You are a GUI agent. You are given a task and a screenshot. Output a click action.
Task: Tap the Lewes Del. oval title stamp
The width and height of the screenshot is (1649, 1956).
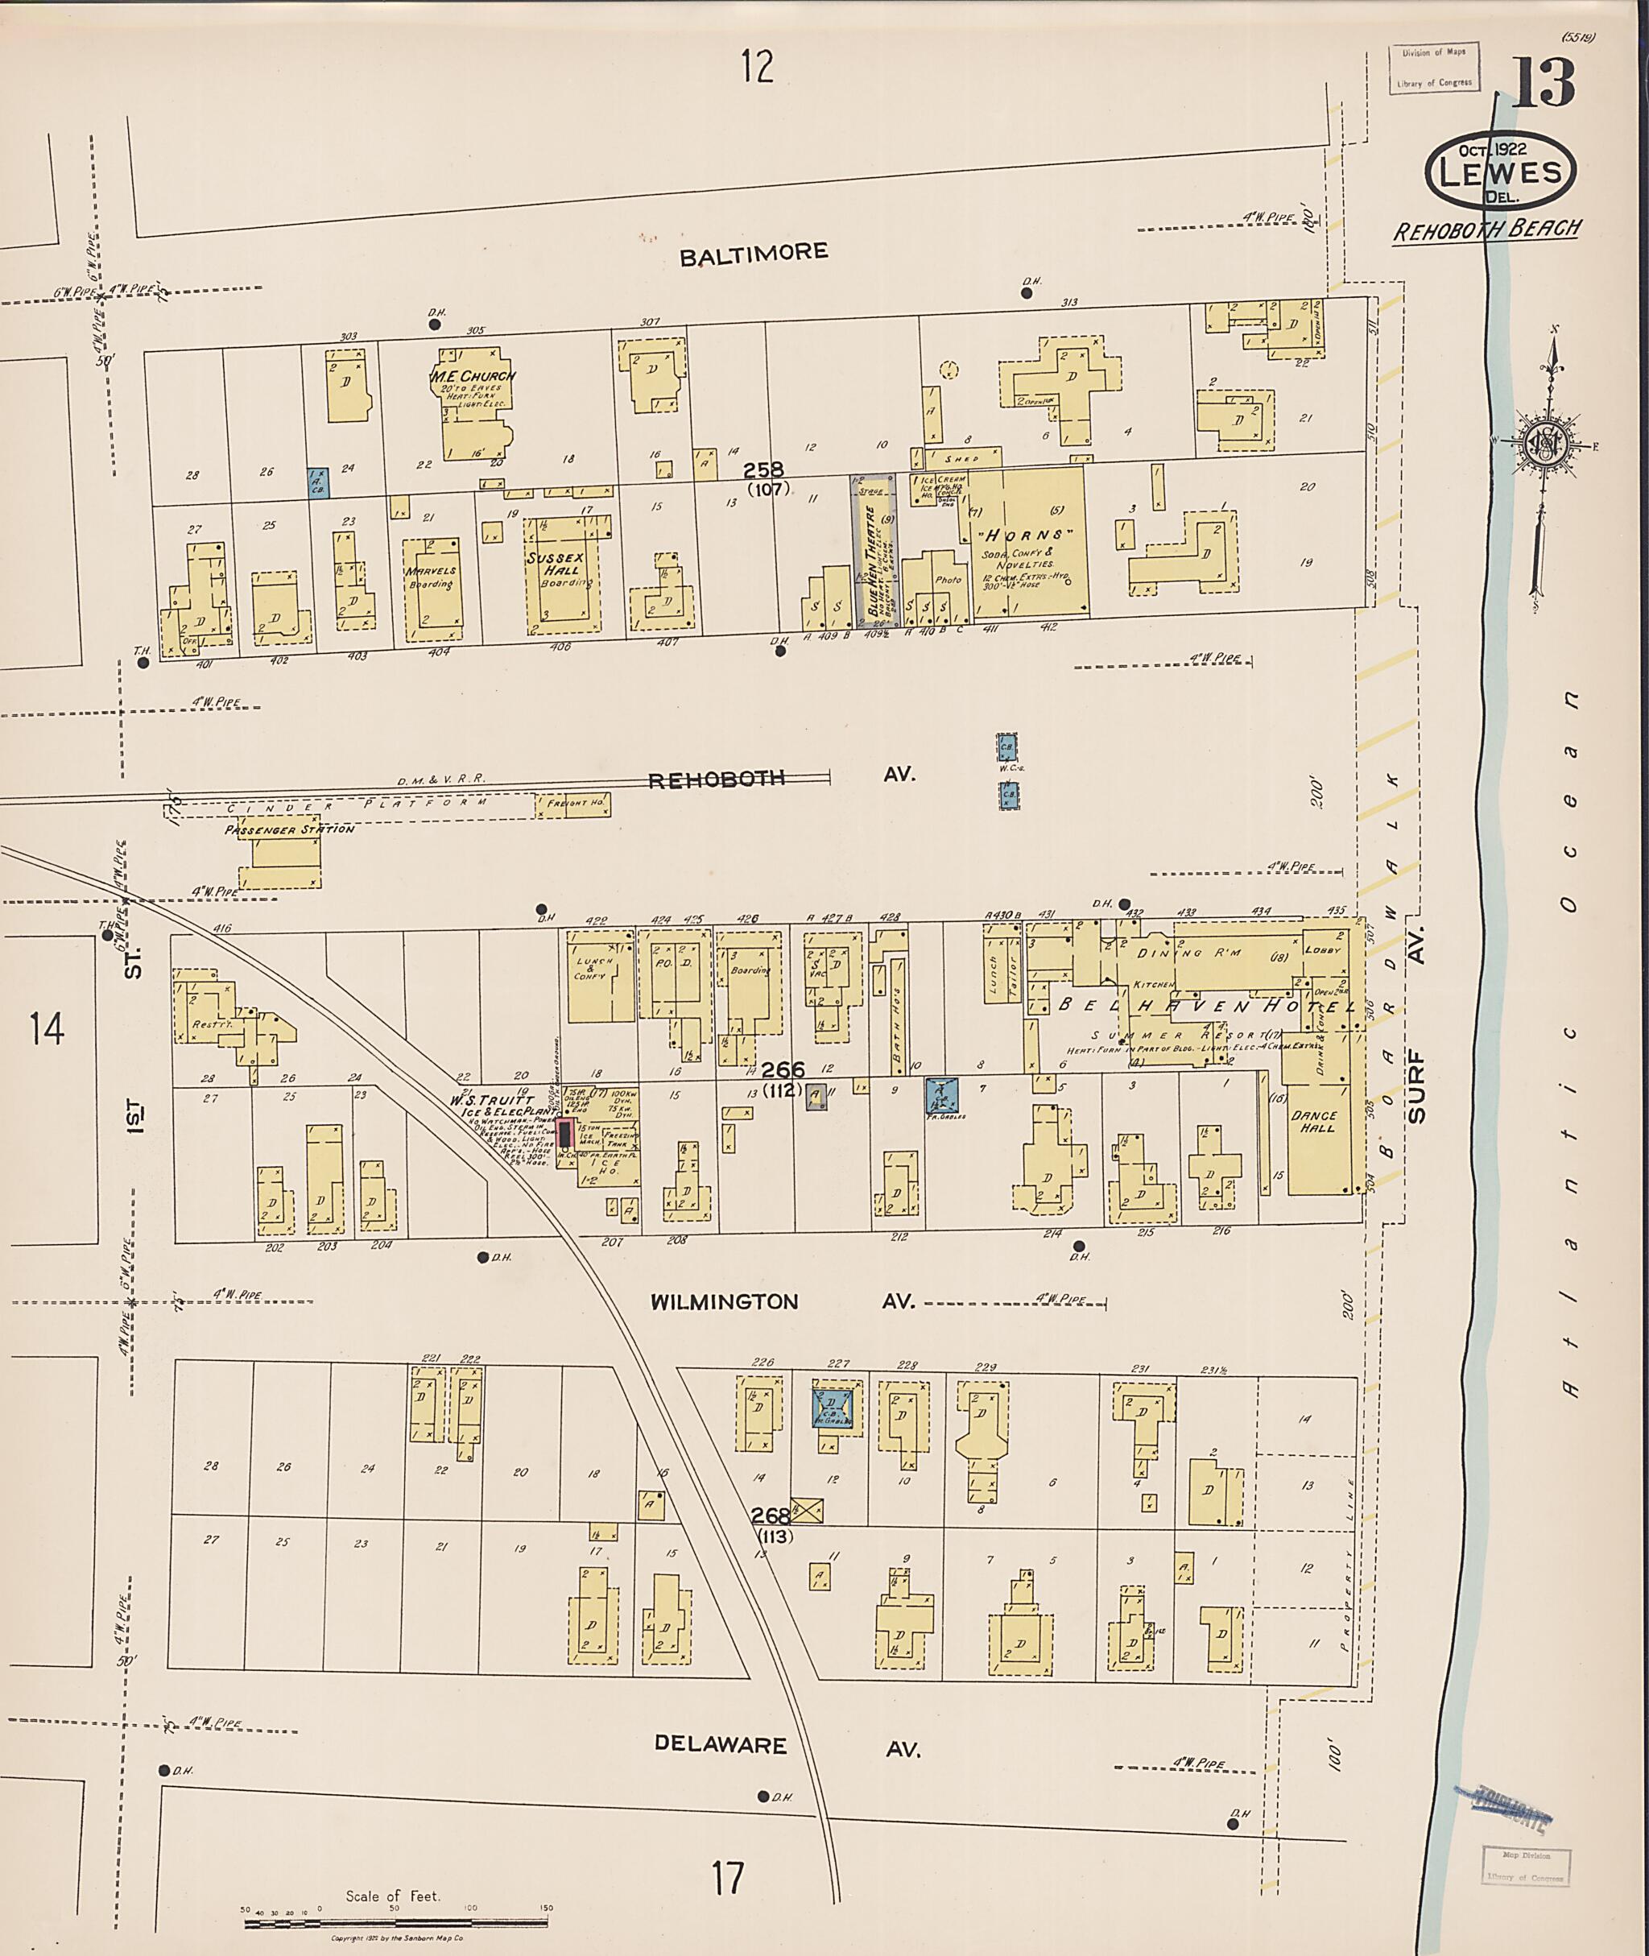[x=1500, y=171]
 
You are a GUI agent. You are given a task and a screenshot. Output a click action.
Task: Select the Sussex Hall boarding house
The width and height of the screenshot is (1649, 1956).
[x=561, y=573]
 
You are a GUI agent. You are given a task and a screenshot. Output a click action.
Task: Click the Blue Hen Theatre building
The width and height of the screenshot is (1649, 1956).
[x=873, y=552]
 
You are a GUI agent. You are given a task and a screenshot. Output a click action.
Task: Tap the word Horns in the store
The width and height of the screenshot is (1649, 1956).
[x=1027, y=535]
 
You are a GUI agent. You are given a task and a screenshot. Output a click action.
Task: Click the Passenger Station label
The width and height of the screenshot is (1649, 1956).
[x=289, y=829]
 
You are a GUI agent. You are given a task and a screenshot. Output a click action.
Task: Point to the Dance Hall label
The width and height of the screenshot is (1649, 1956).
[x=1313, y=1122]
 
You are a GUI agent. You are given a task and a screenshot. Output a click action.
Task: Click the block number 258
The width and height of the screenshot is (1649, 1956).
[x=764, y=470]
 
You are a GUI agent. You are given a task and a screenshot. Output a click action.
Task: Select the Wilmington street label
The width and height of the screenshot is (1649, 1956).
[x=725, y=1301]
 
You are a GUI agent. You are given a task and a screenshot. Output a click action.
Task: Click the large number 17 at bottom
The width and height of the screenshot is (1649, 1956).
[x=726, y=1877]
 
